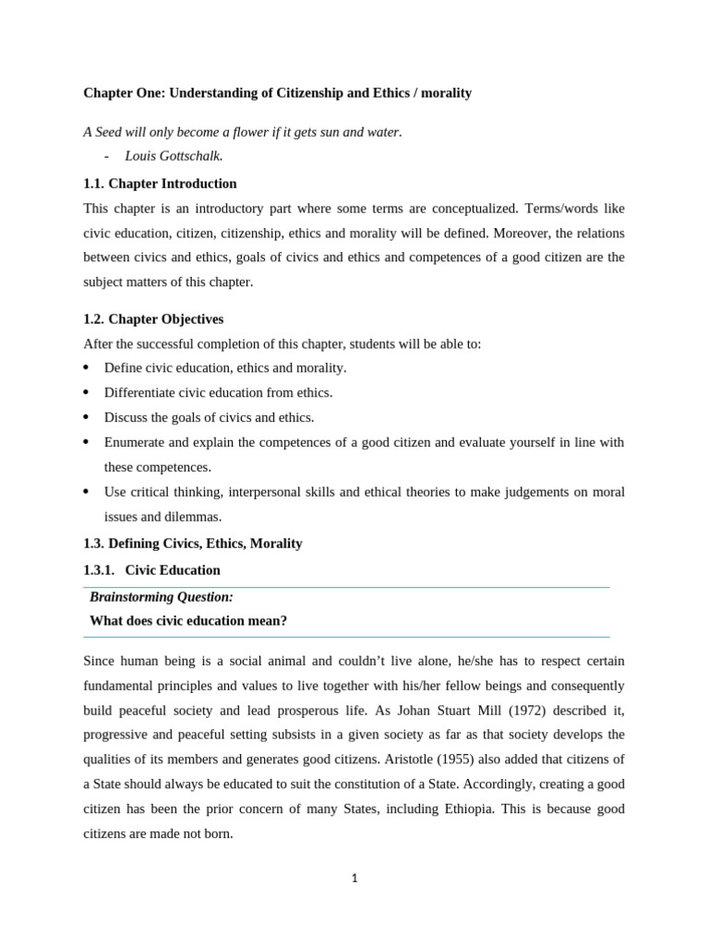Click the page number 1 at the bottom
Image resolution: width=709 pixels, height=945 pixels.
354,878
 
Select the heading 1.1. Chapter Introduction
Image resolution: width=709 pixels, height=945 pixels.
160,184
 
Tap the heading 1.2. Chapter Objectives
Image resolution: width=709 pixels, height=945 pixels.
153,319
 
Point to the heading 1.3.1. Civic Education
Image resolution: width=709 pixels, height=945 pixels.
151,570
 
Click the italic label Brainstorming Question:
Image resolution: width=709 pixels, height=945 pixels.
162,597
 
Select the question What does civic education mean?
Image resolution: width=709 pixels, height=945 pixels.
188,621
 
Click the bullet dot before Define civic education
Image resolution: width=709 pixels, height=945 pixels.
86,367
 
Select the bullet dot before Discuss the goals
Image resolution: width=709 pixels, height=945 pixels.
86,417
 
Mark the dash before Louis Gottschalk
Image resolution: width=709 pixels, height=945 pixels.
107,156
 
